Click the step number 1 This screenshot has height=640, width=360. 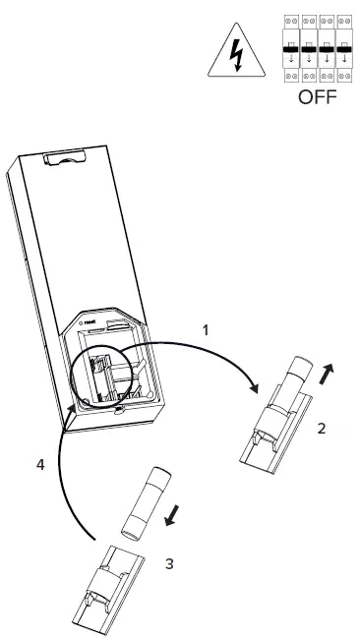tap(207, 331)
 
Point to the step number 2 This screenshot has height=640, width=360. tap(322, 430)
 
